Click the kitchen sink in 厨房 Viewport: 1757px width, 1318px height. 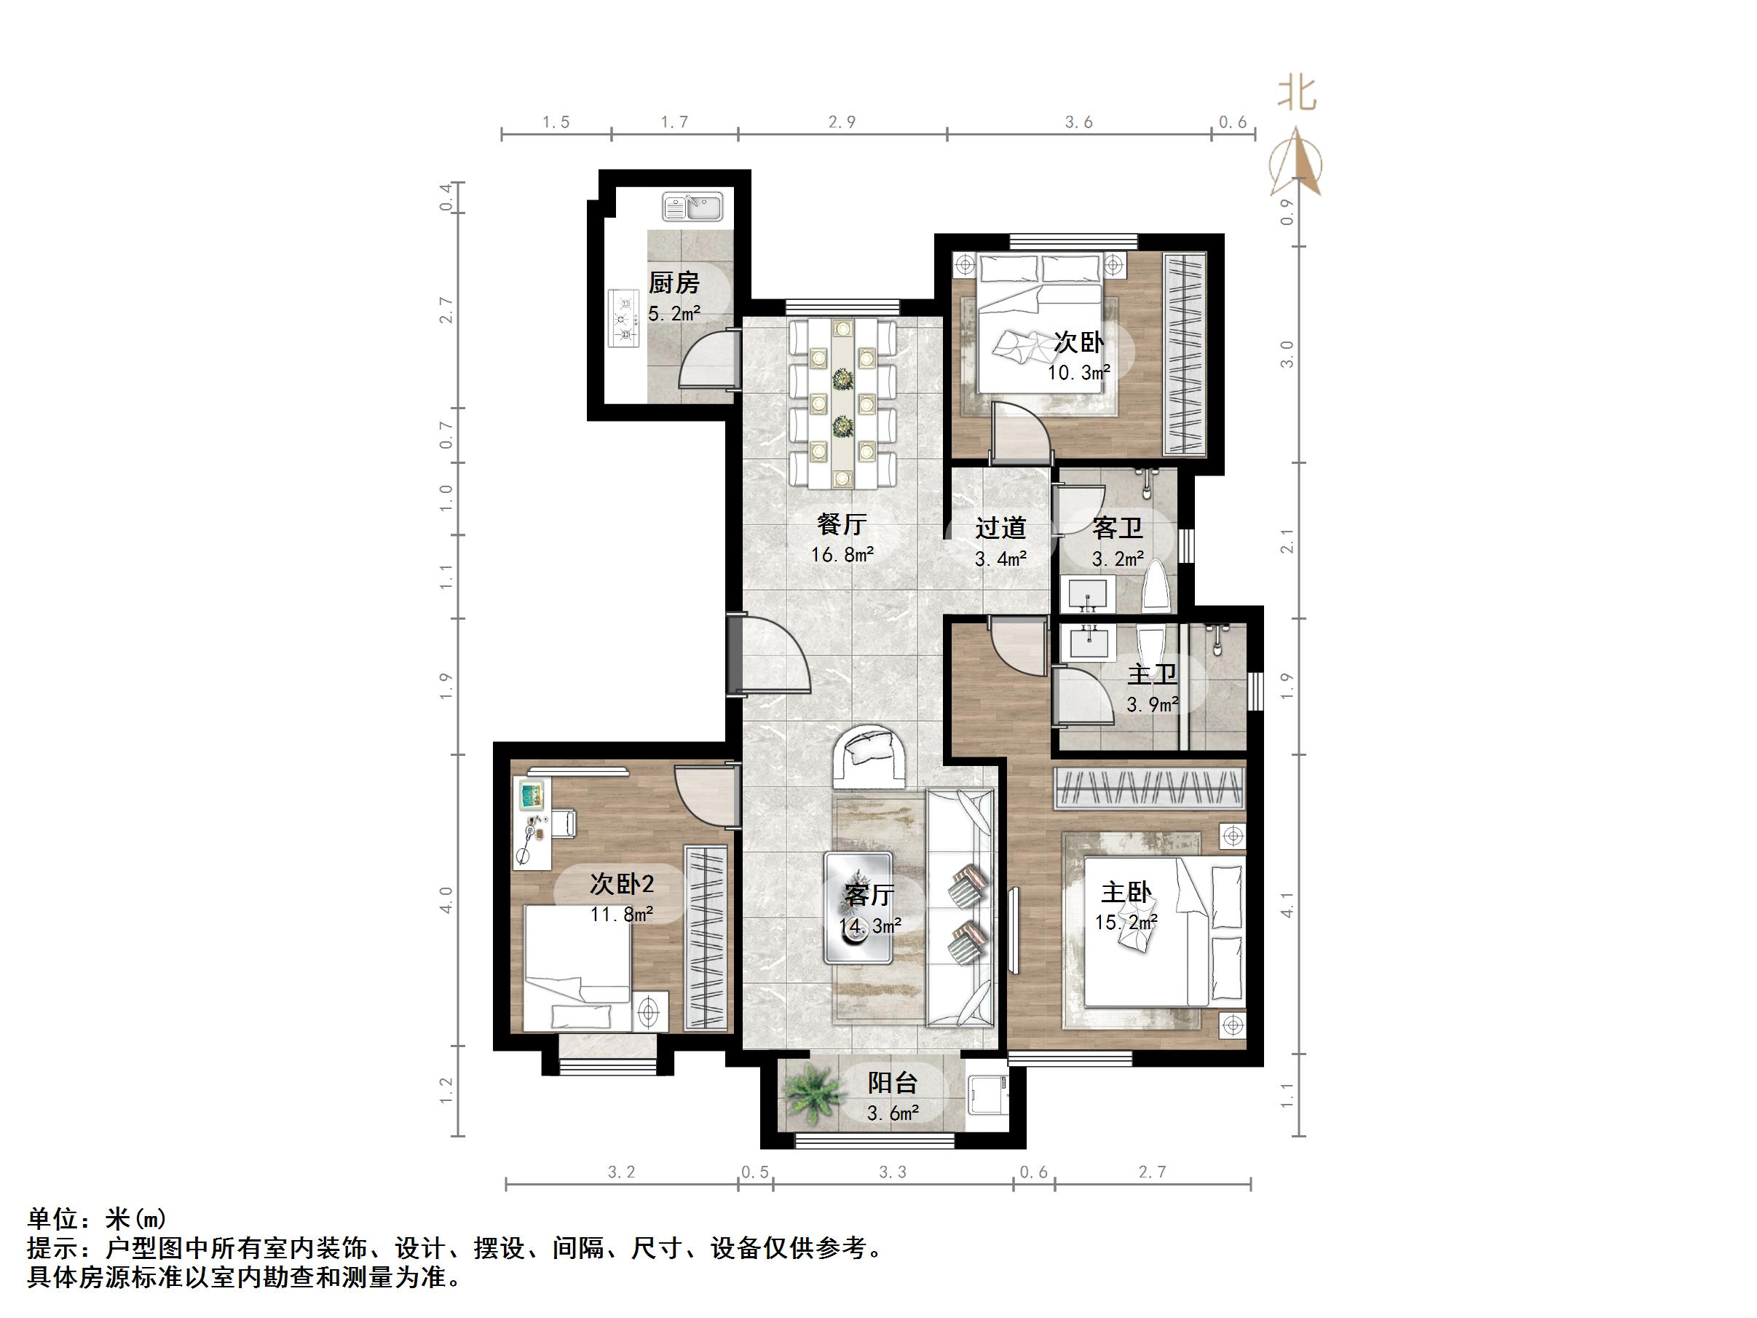[692, 207]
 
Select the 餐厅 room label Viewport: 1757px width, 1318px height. [841, 524]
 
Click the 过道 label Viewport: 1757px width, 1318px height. [1000, 527]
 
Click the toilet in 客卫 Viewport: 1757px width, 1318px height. [1156, 586]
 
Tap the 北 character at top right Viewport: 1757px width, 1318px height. [1296, 93]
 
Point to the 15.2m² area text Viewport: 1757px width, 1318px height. [1126, 923]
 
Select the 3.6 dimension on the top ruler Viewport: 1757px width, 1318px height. [1078, 122]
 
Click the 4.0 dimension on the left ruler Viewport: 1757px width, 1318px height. [446, 900]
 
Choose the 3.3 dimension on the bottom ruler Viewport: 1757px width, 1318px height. [893, 1172]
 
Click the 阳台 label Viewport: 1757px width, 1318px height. [893, 1083]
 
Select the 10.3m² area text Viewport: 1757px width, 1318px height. [1078, 372]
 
